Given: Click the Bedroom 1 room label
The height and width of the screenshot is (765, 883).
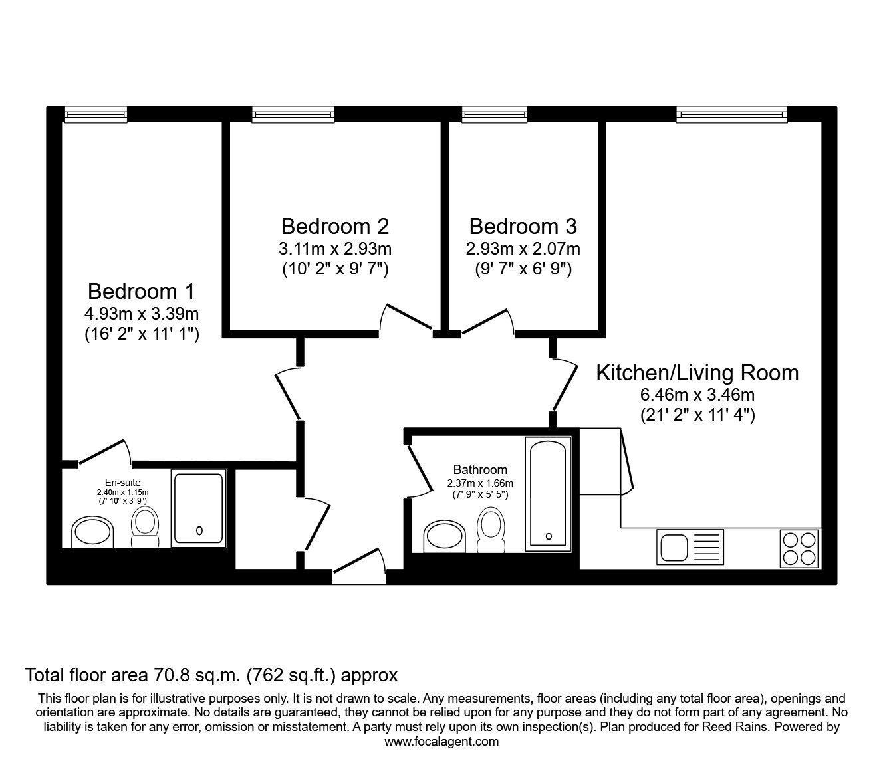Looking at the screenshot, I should click(141, 292).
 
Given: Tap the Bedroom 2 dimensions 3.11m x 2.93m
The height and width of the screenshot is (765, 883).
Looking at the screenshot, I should click(334, 249).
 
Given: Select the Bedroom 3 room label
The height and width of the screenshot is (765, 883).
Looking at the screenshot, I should click(523, 227).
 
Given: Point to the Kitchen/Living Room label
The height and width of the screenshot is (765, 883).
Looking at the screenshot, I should click(697, 372).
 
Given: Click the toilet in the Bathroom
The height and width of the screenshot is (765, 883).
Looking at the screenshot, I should click(491, 528).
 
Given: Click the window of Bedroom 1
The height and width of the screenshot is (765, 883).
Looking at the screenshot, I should click(96, 115).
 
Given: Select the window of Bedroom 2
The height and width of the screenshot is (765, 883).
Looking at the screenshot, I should click(293, 115).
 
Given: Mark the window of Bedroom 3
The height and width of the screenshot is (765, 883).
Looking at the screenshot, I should click(494, 115).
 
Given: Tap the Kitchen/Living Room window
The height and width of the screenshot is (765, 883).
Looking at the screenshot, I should click(731, 115).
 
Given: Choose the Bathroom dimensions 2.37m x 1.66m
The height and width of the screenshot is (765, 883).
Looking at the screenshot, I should click(480, 483).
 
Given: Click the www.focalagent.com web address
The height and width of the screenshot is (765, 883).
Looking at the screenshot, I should click(442, 742).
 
